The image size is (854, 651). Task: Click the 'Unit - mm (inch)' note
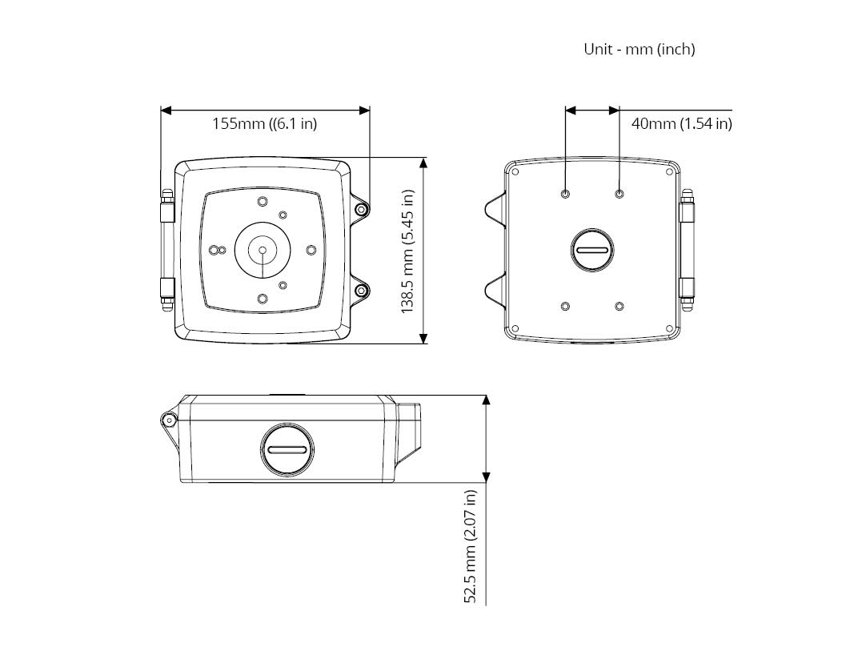639,49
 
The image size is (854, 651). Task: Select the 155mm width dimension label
264,123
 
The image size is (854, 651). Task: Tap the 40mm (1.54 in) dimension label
681,123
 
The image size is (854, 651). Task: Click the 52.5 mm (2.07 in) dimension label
470,546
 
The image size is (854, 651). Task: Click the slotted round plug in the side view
287,450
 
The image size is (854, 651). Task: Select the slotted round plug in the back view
592,250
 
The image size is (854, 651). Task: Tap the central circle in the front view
263,250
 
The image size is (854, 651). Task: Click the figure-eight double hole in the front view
218,250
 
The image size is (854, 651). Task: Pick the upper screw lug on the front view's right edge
360,210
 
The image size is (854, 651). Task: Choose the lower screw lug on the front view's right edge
360,291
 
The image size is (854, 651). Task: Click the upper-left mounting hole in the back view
565,194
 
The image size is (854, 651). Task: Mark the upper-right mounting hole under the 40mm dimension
619,194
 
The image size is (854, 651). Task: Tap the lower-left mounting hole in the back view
565,306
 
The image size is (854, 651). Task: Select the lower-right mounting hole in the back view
619,306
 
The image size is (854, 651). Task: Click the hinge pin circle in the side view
169,420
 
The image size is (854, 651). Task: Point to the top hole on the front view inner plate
263,202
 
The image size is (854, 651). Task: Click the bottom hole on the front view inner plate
263,299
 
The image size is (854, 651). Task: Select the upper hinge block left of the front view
166,209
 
